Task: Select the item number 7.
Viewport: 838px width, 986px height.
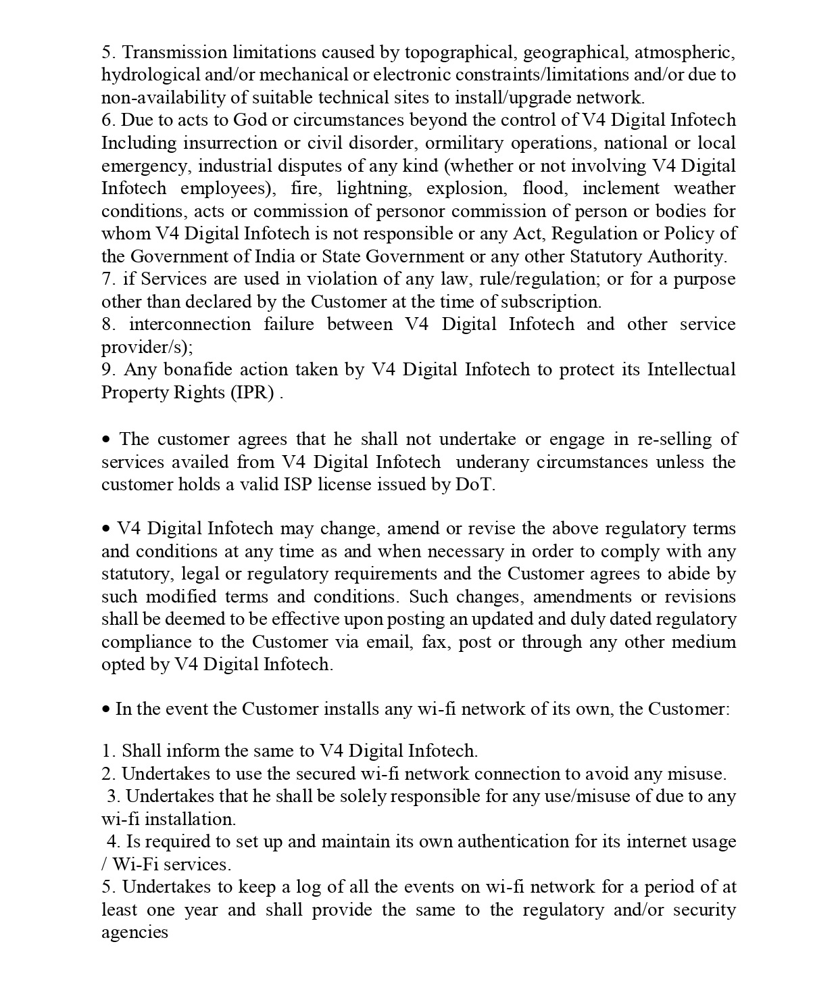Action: coord(108,279)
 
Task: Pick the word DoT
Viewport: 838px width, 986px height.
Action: coord(474,485)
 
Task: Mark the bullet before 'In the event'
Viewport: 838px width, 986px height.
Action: coord(106,709)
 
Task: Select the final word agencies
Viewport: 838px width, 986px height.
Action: coord(134,933)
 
